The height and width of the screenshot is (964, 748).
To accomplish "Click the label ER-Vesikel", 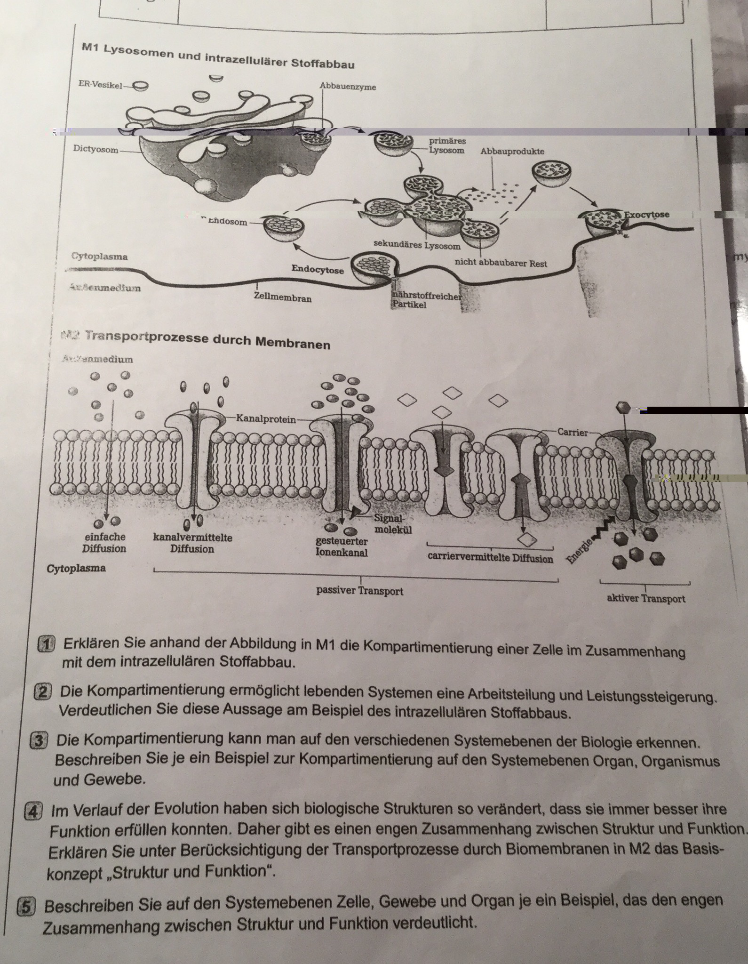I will coord(100,85).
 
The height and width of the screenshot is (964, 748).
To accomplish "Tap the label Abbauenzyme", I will coord(348,87).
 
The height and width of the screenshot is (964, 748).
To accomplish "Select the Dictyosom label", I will coord(95,149).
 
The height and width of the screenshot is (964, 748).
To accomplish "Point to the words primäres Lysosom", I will coord(447,146).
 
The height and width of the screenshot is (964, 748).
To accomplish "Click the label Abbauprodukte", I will coord(512,151).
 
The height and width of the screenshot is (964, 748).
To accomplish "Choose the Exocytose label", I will coord(646,215).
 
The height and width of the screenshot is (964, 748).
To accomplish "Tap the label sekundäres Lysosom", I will coord(417,245).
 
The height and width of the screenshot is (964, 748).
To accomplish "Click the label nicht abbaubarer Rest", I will coord(501,263).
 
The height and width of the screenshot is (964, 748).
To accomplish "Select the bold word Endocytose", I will coord(318,269).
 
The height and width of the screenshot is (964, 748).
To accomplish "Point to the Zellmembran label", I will coord(282,297).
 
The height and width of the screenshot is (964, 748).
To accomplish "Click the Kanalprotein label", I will coord(266,418).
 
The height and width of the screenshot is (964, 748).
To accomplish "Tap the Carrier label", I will coord(573,432).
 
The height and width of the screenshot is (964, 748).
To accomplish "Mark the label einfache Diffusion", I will coord(104,543).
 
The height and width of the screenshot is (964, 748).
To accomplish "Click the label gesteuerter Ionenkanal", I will coord(342,547).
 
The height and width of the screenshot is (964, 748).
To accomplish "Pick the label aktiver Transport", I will coord(646,599).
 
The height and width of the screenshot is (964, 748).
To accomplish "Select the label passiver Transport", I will coord(359,591).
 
